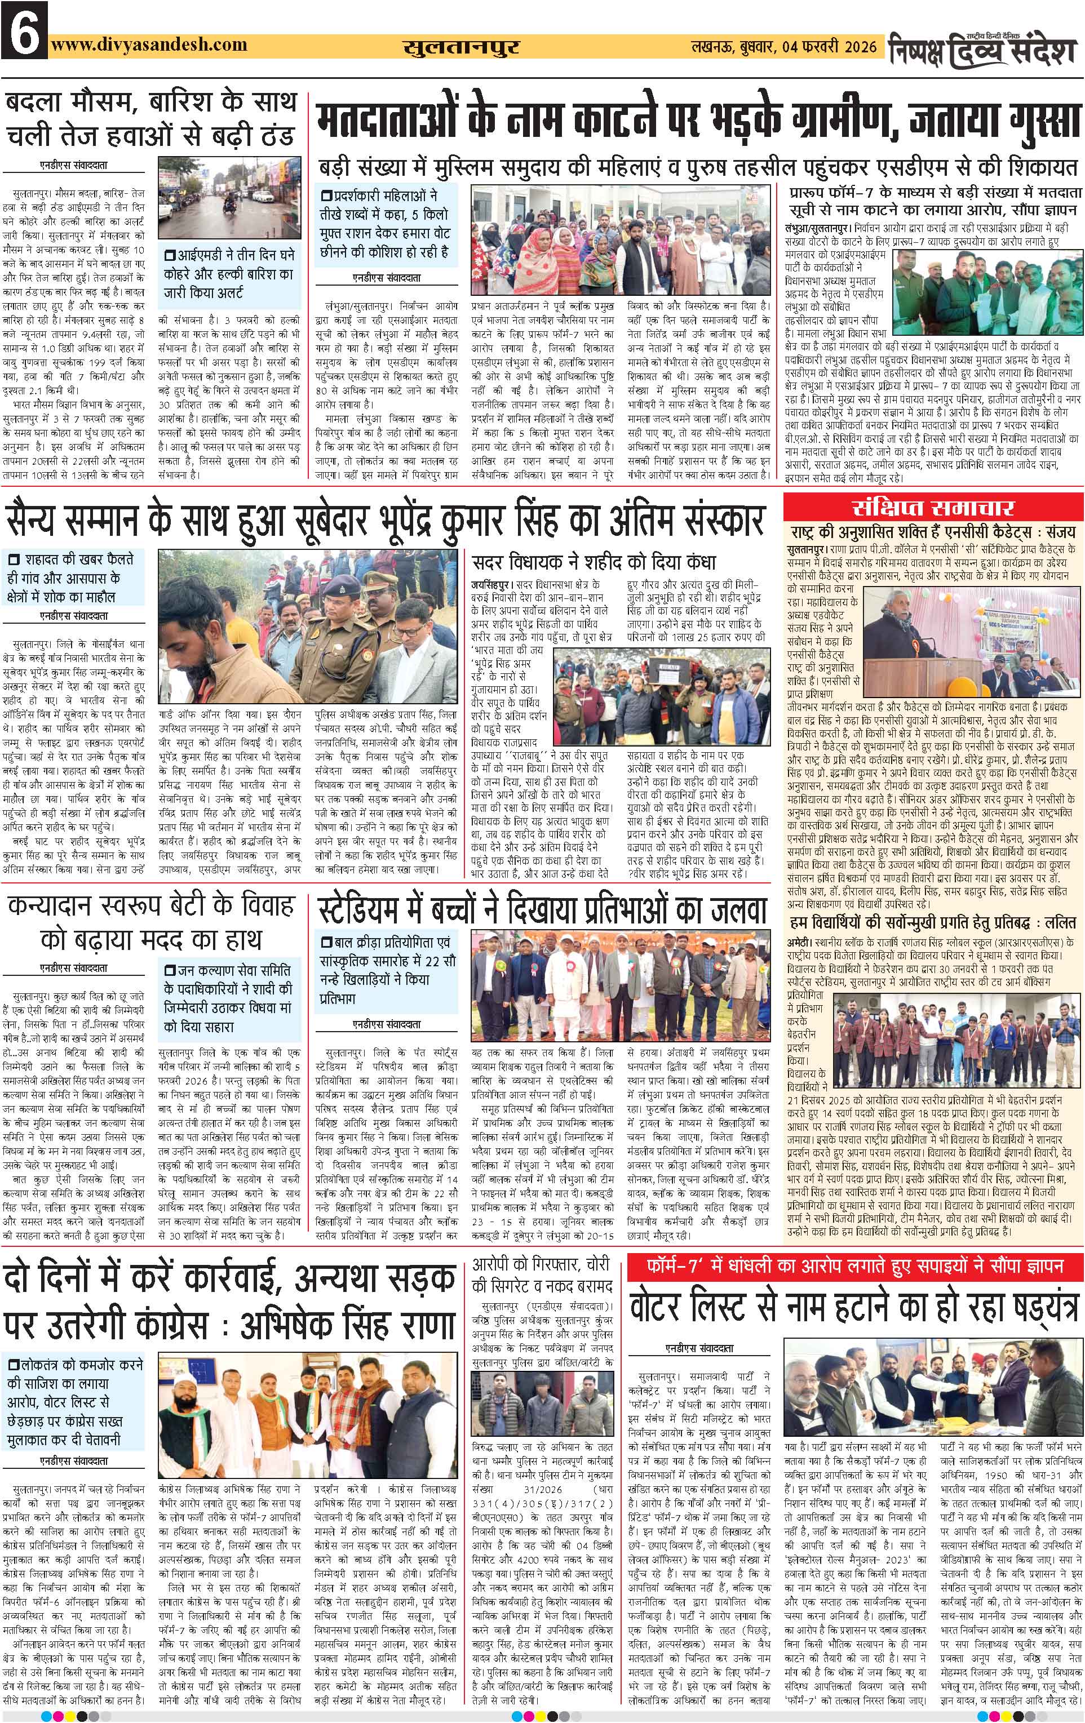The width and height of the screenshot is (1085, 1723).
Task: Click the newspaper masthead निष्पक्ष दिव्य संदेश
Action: tap(984, 48)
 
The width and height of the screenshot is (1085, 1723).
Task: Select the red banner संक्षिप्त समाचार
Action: tap(933, 508)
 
